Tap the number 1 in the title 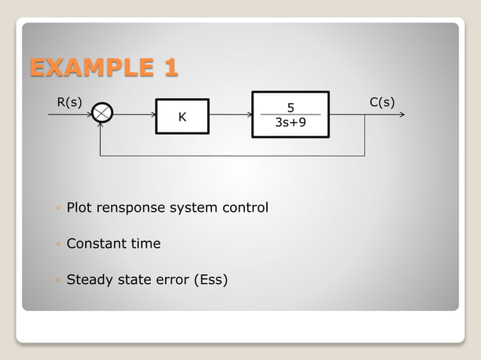(170, 67)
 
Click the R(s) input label (69, 102)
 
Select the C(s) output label (382, 102)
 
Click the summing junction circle (103, 114)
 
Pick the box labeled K (182, 116)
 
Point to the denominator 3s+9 (290, 121)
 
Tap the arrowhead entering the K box (152, 115)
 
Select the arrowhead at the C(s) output (402, 115)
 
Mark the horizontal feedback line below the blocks (234, 156)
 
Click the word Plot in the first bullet (79, 207)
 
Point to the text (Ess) (210, 279)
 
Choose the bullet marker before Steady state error (58, 280)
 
